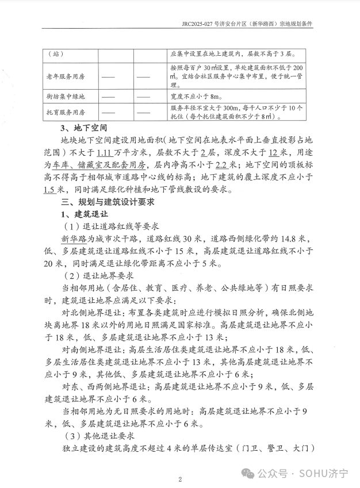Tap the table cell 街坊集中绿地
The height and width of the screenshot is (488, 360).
pos(65,97)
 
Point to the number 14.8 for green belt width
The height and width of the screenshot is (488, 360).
pos(284,239)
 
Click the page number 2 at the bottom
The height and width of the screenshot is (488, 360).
pos(180,479)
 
